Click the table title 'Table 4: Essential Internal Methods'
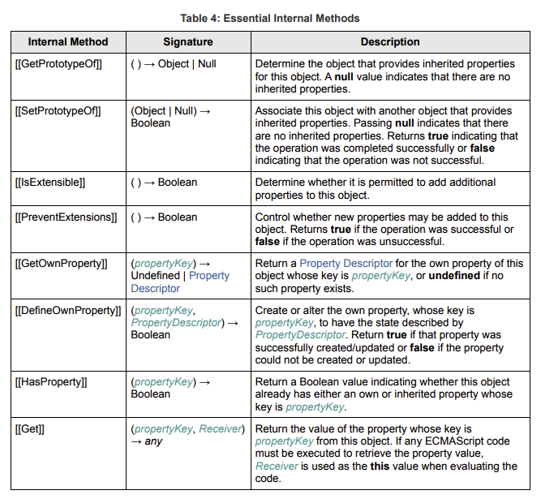(x=270, y=18)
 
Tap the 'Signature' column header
(x=187, y=41)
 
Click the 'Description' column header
(x=390, y=41)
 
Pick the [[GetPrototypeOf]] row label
(x=58, y=62)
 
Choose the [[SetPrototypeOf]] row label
(x=58, y=111)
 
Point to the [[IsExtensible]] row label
(x=50, y=183)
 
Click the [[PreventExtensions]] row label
(x=66, y=217)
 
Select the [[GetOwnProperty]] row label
(x=61, y=264)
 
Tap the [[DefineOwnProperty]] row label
(x=67, y=311)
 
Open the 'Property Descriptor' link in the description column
(x=346, y=264)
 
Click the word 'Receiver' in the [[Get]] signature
(x=221, y=428)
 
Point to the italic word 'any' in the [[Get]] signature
(x=154, y=441)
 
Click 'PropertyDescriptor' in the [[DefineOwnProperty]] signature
(x=175, y=323)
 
